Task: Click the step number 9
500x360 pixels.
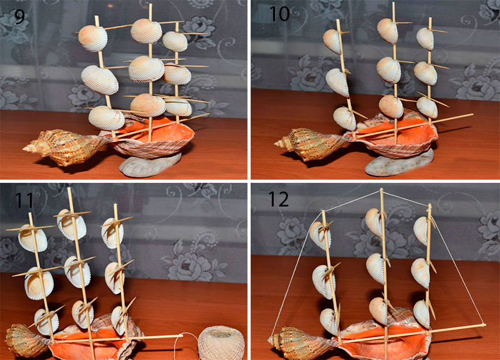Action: (x=19, y=17)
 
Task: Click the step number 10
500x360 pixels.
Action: (x=279, y=14)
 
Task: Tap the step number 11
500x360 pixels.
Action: (x=24, y=200)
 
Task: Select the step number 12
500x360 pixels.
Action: (x=279, y=199)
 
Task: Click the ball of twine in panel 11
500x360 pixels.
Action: (x=221, y=343)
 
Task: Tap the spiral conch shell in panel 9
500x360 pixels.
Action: (x=65, y=147)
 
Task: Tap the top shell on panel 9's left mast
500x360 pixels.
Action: (x=93, y=38)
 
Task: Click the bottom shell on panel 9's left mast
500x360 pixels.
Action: (x=106, y=118)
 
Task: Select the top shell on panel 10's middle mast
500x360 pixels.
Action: (x=387, y=31)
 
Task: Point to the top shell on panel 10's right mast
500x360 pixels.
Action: (x=425, y=39)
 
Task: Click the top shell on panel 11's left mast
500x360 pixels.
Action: (x=32, y=238)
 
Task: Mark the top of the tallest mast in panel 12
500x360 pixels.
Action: (x=382, y=190)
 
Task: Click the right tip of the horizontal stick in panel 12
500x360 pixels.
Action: (x=484, y=325)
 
